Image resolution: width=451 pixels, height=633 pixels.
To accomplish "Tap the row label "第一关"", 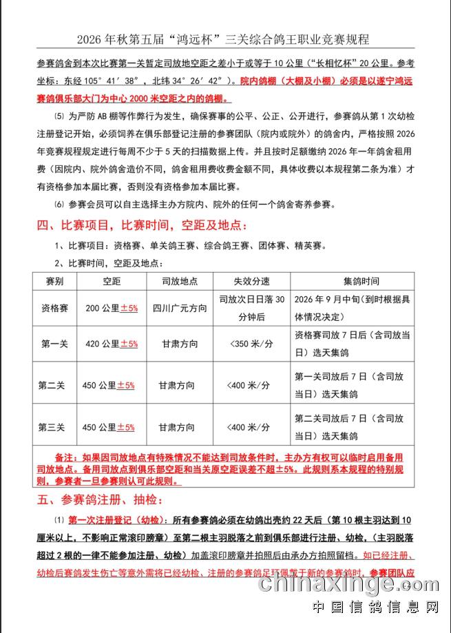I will coord(53,343).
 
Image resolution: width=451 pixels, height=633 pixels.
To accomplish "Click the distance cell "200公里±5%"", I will coord(112,308).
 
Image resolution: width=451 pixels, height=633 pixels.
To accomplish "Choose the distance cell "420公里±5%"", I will coord(112,343).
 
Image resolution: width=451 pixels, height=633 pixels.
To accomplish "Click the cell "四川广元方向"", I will coord(180,308).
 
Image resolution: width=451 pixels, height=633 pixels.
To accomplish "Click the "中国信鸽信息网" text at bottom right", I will coord(375,608).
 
